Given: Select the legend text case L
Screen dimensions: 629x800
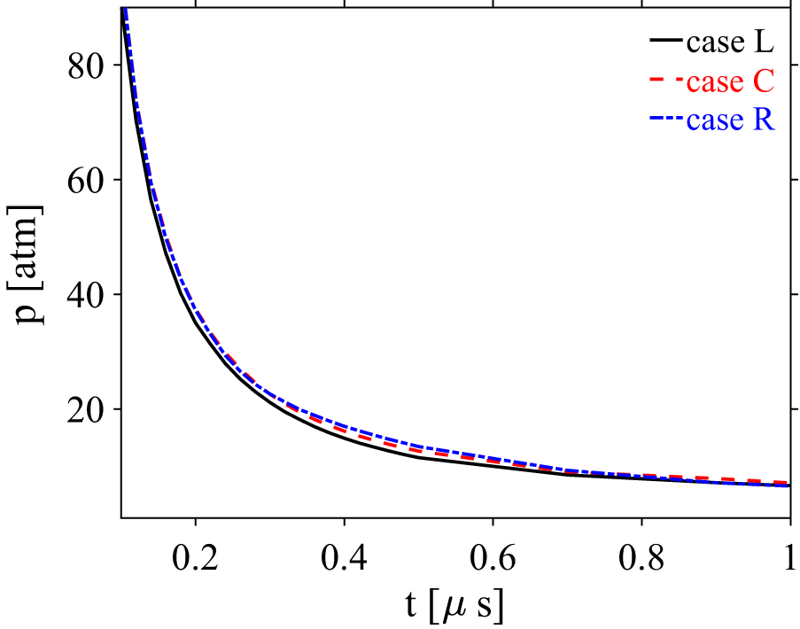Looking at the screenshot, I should tap(730, 42).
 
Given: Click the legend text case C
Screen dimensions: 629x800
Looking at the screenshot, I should tap(730, 82).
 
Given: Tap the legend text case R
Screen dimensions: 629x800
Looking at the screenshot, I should tap(730, 120).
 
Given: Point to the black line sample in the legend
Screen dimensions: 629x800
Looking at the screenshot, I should tap(666, 42).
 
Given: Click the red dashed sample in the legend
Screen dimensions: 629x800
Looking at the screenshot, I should tap(666, 82).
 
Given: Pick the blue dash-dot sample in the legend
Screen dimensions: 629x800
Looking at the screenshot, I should tap(666, 120).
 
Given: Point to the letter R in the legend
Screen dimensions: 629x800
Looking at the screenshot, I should tap(764, 120).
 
